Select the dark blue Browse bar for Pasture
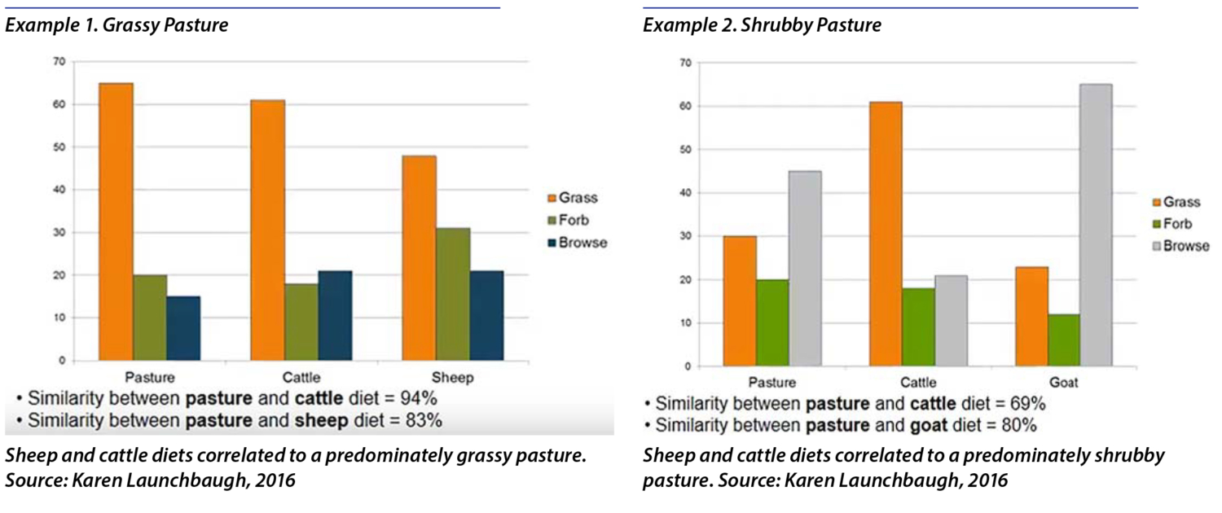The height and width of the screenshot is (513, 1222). tap(183, 328)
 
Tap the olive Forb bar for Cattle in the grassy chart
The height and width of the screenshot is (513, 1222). tap(302, 322)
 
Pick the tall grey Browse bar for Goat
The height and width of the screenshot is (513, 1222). tap(1096, 225)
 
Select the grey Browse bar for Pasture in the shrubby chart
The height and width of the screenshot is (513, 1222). tap(805, 268)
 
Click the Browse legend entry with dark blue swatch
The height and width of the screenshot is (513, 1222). tap(579, 243)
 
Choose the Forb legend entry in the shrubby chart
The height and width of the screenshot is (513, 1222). tap(1173, 224)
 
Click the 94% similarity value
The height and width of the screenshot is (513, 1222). tap(418, 399)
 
